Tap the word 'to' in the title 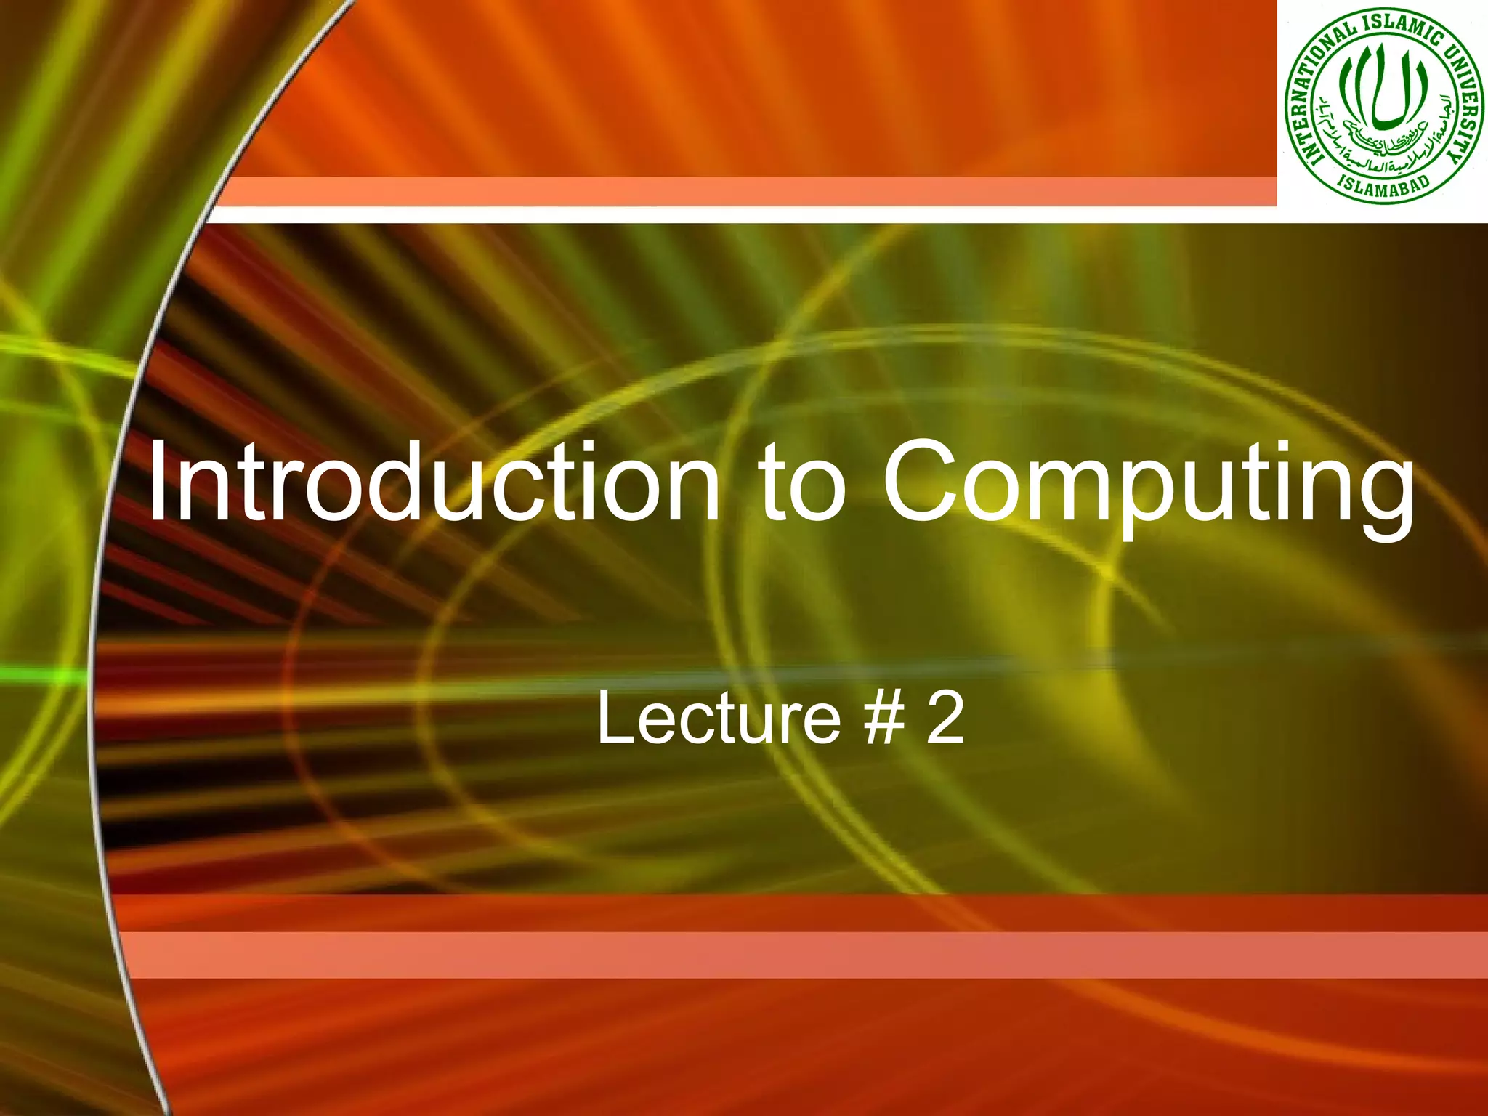tap(802, 482)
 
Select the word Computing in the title tap(1147, 484)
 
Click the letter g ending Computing tap(1378, 494)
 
